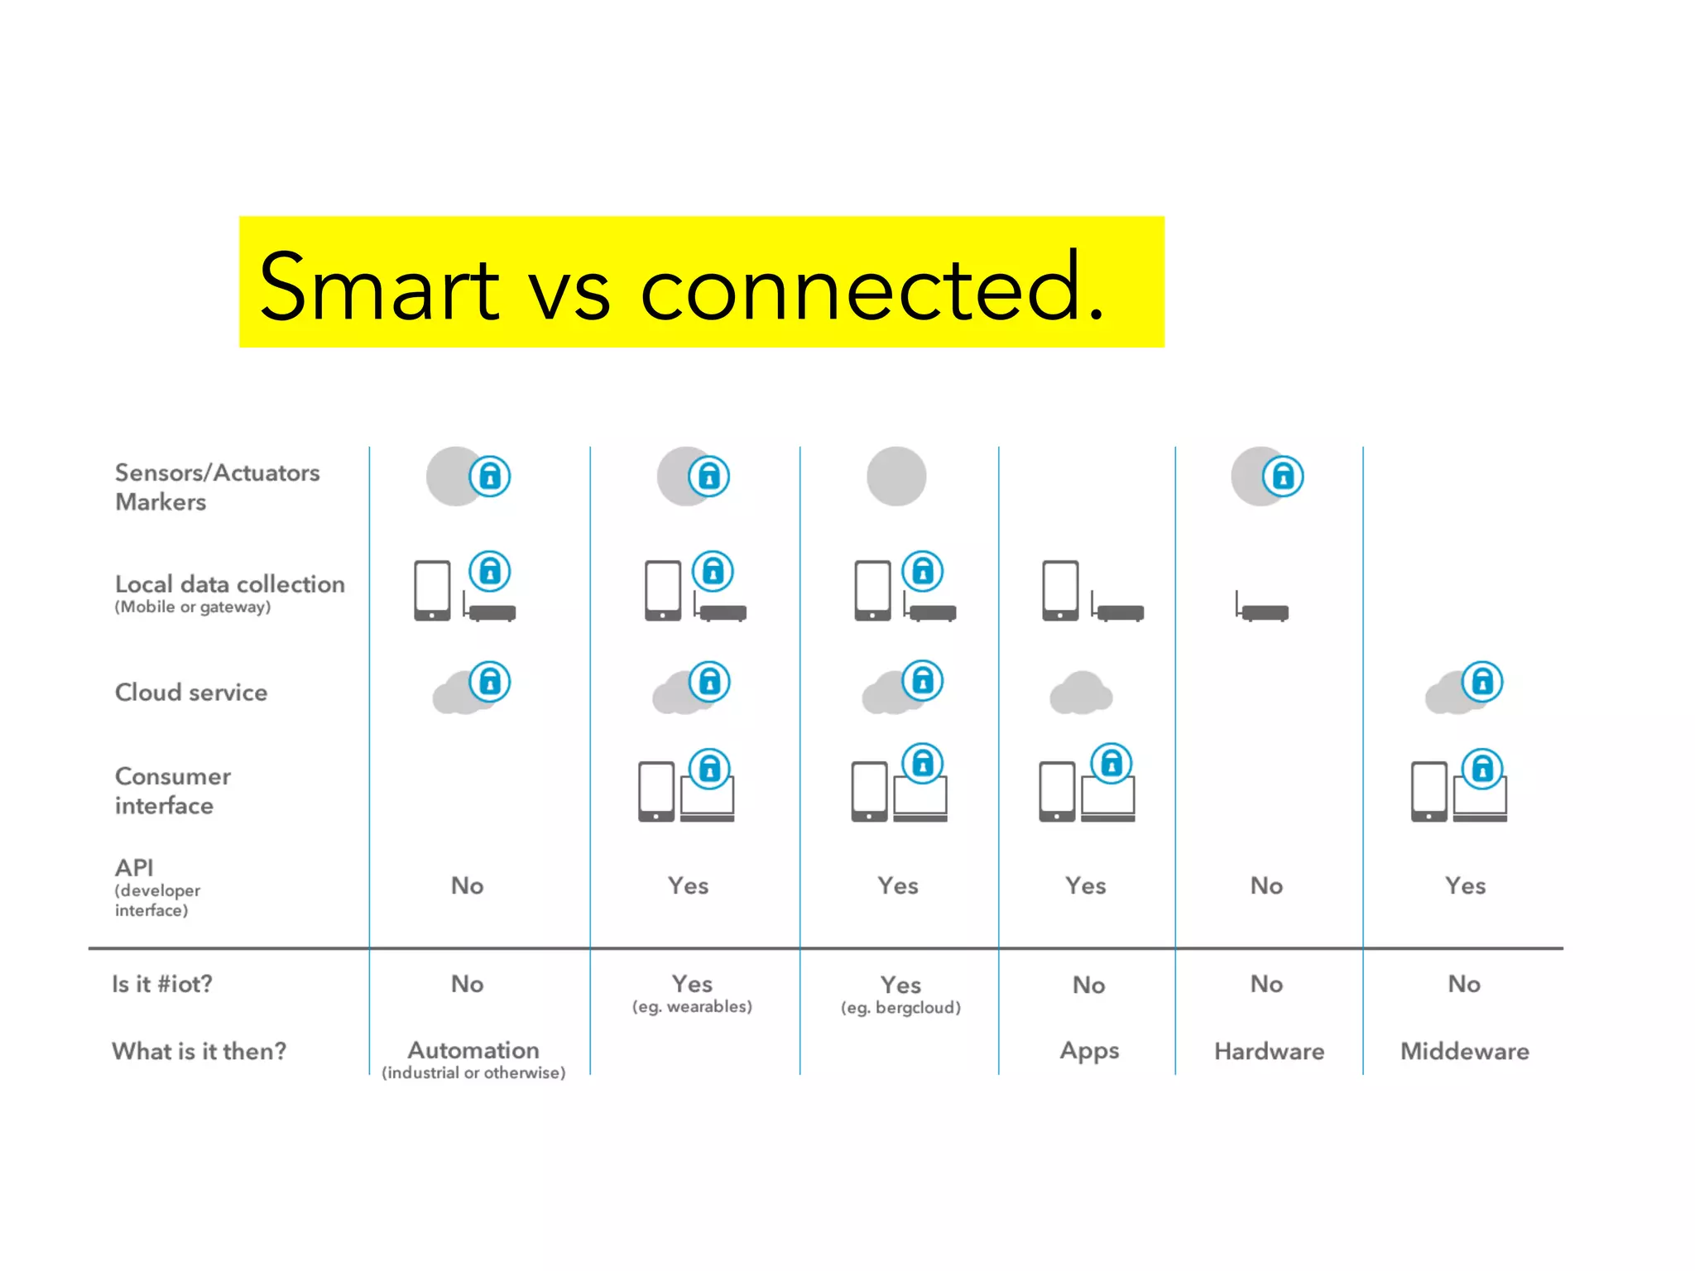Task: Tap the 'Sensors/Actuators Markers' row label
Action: click(x=217, y=487)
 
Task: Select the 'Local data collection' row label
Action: click(x=229, y=584)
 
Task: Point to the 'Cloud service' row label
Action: click(x=191, y=692)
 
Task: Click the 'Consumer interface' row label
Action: click(x=173, y=790)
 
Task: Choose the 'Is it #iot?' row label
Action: click(x=162, y=984)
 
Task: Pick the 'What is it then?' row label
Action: click(x=199, y=1051)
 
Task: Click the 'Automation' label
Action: click(x=473, y=1050)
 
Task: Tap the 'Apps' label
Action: click(x=1089, y=1051)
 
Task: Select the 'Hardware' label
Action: click(x=1269, y=1051)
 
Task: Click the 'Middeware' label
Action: click(x=1464, y=1051)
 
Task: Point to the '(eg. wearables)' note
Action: click(x=692, y=1006)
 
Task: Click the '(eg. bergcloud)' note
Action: click(x=900, y=1007)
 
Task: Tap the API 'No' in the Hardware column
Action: click(x=1266, y=885)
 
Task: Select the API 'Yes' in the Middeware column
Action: click(x=1465, y=885)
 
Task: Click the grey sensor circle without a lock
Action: click(x=896, y=477)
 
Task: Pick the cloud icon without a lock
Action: click(x=1081, y=693)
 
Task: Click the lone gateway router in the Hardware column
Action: click(x=1263, y=609)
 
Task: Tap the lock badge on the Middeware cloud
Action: click(x=1482, y=682)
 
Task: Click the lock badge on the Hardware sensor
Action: click(x=1283, y=477)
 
